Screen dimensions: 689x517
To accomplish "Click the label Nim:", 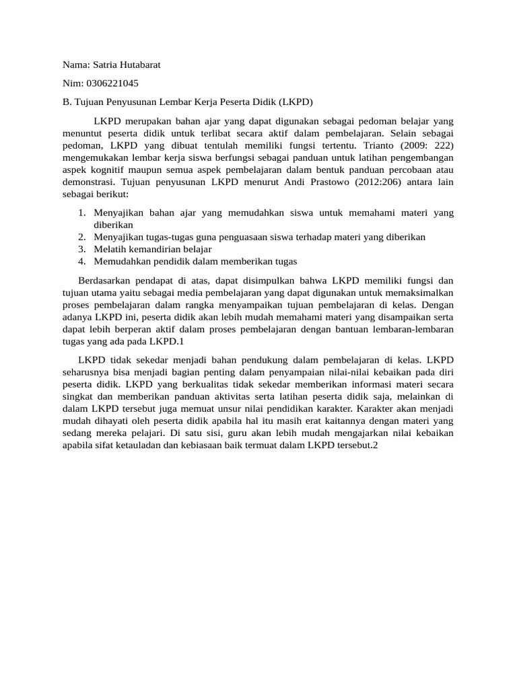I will [x=73, y=83].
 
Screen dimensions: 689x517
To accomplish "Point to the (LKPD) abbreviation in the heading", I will [x=296, y=102].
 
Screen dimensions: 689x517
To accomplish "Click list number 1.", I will [x=82, y=213].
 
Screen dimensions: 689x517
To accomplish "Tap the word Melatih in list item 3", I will [x=110, y=249].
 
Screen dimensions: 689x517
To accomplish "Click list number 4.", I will [x=82, y=261].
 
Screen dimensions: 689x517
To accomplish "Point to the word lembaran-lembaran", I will [x=416, y=329].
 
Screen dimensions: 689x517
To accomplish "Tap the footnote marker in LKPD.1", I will [x=182, y=341].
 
